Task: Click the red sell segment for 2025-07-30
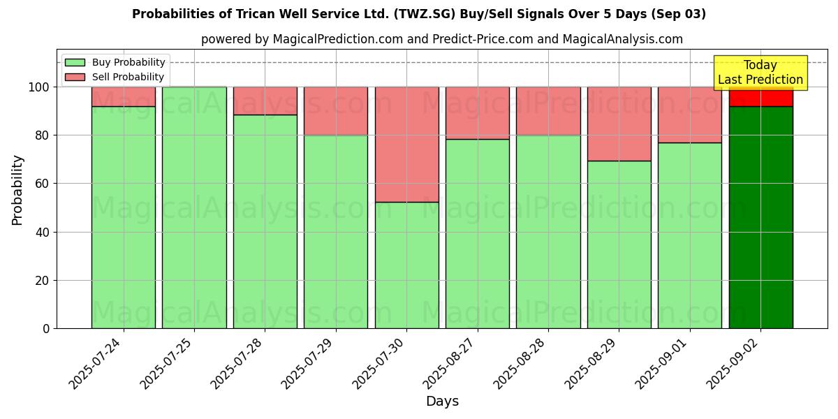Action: tap(406, 145)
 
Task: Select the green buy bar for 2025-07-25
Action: tap(194, 207)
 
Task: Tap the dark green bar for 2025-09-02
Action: tap(760, 217)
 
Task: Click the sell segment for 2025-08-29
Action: tap(619, 124)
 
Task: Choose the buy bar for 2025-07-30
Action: tap(406, 265)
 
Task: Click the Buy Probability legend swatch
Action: tap(75, 62)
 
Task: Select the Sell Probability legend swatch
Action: tap(75, 77)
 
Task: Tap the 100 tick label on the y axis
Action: tap(39, 87)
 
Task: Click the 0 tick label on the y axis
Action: tap(46, 328)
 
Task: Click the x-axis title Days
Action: tap(442, 402)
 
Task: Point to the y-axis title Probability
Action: tap(17, 189)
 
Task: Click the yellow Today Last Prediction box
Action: tap(760, 73)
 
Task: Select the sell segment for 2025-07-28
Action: tap(265, 101)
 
